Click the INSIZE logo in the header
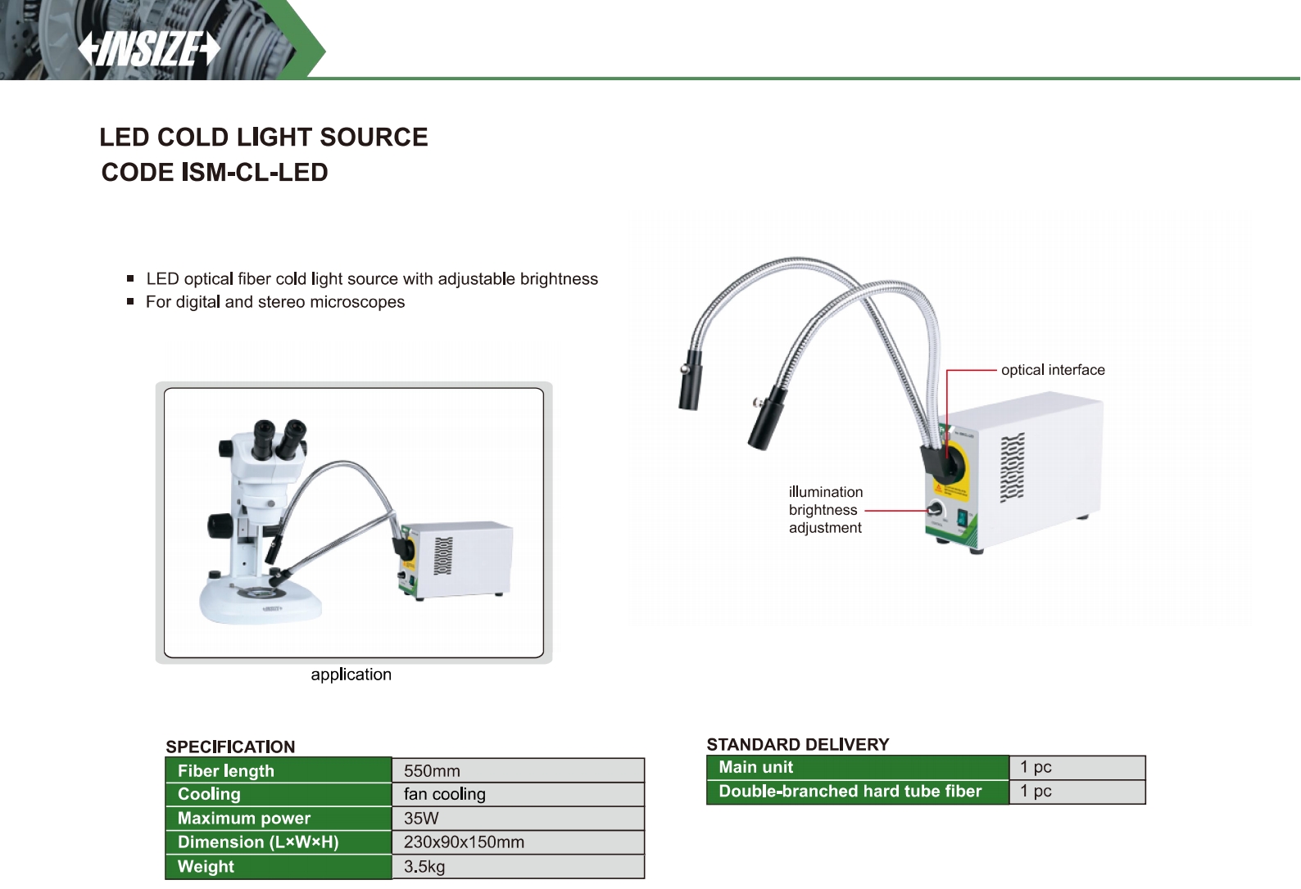click(x=149, y=49)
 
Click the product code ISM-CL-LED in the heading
click(x=255, y=173)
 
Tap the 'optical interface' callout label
click(x=1053, y=370)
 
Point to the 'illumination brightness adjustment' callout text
click(x=825, y=510)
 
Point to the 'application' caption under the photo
click(x=351, y=675)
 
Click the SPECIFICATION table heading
click(x=230, y=747)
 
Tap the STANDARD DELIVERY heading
click(x=797, y=744)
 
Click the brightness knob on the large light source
click(x=936, y=510)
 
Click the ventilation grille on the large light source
click(x=1013, y=467)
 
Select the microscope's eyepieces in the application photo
click(x=279, y=439)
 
